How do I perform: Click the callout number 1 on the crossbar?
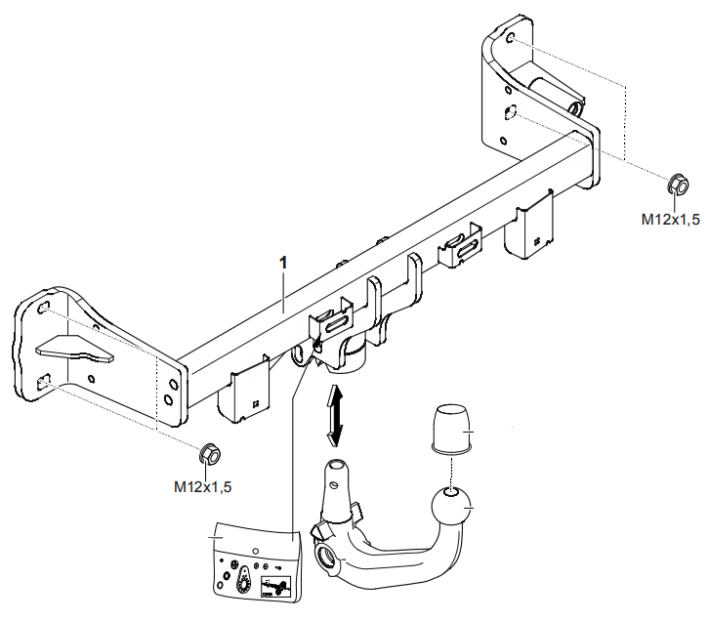pyautogui.click(x=283, y=263)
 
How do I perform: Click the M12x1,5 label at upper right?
pyautogui.click(x=670, y=221)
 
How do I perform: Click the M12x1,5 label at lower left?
pyautogui.click(x=203, y=484)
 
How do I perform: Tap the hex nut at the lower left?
pyautogui.click(x=208, y=454)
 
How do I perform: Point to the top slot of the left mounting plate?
pyautogui.click(x=44, y=310)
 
